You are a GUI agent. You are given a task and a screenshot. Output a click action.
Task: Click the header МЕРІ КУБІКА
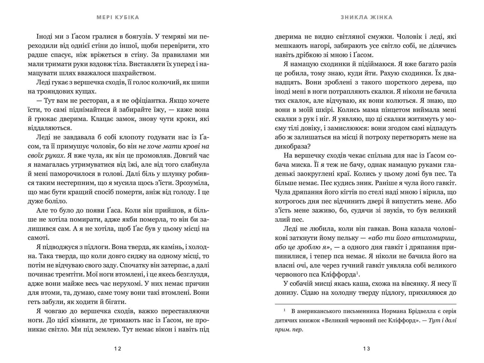coord(118,17)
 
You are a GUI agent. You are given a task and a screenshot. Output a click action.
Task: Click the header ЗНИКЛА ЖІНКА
coord(367,17)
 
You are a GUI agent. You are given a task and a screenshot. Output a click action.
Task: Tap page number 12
coord(118,349)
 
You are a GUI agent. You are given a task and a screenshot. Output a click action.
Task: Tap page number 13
coord(367,349)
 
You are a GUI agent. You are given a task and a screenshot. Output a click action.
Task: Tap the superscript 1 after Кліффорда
coord(357,273)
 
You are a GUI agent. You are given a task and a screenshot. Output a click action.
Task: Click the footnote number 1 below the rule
coord(285,310)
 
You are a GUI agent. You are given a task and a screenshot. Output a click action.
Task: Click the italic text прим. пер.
coord(289,330)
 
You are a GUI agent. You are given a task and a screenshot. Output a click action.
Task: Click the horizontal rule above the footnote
coord(366,304)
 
